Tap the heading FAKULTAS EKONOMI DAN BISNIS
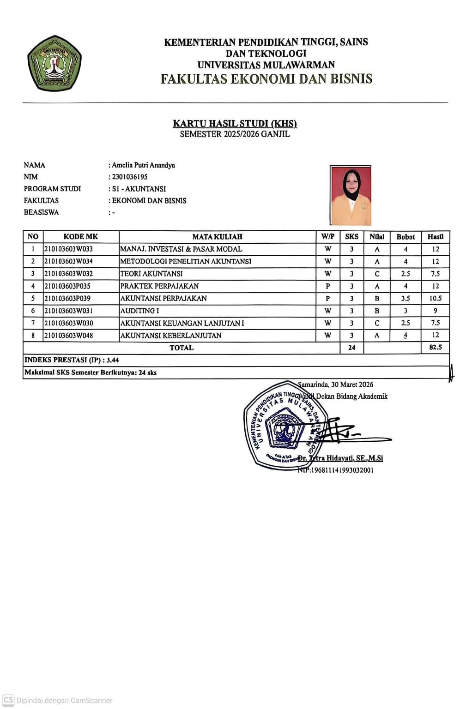pyautogui.click(x=266, y=79)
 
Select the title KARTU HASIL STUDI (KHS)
pyautogui.click(x=235, y=123)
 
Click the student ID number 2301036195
pyautogui.click(x=130, y=177)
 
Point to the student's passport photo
pyautogui.click(x=351, y=195)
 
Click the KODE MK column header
pyautogui.click(x=81, y=237)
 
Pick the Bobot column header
pyautogui.click(x=405, y=237)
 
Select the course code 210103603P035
pyautogui.click(x=67, y=286)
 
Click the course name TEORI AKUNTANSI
pyautogui.click(x=151, y=274)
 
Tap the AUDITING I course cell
pyautogui.click(x=140, y=311)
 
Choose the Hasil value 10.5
pyautogui.click(x=435, y=298)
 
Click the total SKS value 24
pyautogui.click(x=351, y=348)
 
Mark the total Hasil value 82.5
pyautogui.click(x=435, y=347)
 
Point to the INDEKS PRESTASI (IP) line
pyautogui.click(x=72, y=360)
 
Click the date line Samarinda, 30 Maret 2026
pyautogui.click(x=336, y=385)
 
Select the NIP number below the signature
pyautogui.click(x=336, y=470)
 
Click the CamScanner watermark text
pyautogui.click(x=64, y=700)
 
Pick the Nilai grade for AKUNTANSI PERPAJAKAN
pyautogui.click(x=377, y=298)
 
